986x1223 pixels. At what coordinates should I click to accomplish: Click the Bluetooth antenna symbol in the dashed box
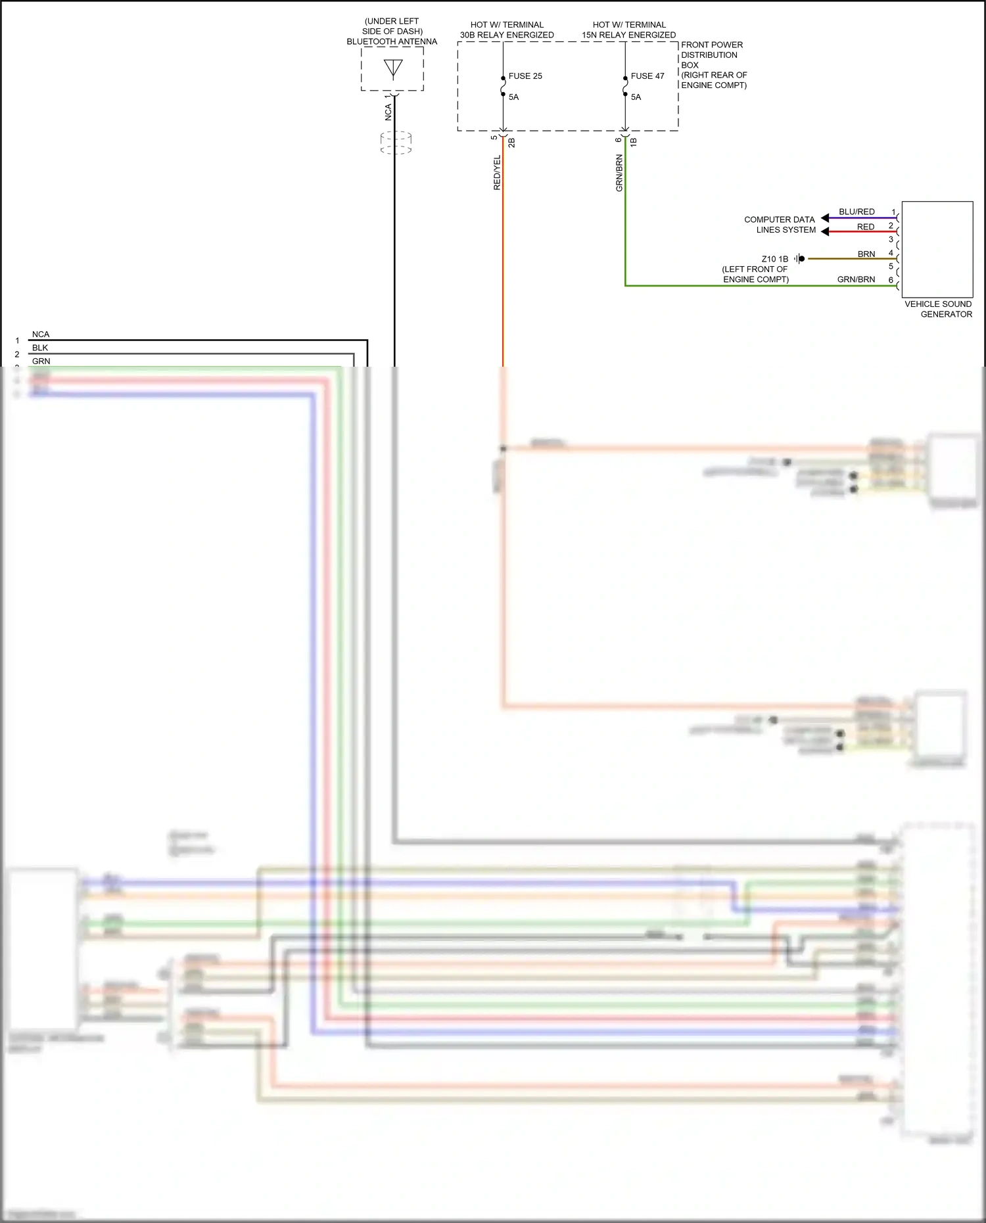coord(393,68)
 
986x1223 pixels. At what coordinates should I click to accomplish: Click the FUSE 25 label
coord(525,76)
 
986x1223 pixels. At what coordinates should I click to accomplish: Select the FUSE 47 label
coord(647,76)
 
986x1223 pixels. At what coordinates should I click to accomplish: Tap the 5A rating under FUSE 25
coord(513,97)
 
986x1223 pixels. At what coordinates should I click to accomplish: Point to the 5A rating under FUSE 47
coord(636,97)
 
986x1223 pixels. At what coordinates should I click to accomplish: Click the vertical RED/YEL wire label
coord(497,173)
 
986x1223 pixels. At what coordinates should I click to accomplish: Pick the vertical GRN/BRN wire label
coord(619,173)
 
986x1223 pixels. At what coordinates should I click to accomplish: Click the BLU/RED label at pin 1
coord(857,212)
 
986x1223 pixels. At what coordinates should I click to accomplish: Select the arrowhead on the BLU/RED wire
coord(825,218)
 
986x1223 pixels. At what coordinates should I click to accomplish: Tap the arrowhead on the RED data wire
coord(825,231)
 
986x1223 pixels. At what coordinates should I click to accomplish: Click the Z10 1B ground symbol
coord(799,259)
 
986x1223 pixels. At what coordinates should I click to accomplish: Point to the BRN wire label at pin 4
coord(866,254)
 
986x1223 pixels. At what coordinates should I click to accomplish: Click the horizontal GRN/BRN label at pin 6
coord(856,279)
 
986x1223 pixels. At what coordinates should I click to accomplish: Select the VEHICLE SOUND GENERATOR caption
coord(938,309)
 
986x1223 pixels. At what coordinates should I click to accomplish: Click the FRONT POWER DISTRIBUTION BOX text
coord(713,64)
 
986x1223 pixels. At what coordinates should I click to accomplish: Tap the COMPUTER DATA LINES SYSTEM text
coord(780,225)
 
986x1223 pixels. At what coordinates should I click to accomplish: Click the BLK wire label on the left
coord(40,348)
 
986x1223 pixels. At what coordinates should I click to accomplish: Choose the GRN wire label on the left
coord(41,361)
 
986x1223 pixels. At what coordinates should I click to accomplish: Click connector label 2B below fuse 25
coord(511,142)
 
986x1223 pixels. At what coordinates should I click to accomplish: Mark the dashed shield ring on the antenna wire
coord(396,143)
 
